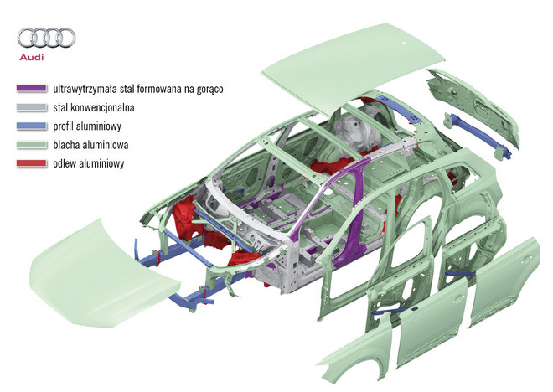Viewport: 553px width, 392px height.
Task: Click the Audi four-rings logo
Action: click(46, 38)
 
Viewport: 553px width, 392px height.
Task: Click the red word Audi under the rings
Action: click(32, 57)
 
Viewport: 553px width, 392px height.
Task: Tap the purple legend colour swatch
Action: click(32, 88)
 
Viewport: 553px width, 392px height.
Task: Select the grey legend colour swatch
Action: click(32, 107)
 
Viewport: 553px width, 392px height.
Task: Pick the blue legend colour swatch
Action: click(32, 126)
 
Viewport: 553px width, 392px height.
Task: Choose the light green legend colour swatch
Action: click(32, 145)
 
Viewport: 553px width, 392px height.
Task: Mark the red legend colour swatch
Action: click(32, 163)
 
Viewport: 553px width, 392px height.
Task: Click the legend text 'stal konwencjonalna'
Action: click(94, 107)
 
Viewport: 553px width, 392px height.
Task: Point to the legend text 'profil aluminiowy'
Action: click(87, 126)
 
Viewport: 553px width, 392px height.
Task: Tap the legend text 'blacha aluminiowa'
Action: click(90, 145)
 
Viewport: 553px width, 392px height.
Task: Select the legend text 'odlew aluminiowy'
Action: click(89, 163)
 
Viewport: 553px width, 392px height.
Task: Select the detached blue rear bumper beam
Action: click(478, 135)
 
